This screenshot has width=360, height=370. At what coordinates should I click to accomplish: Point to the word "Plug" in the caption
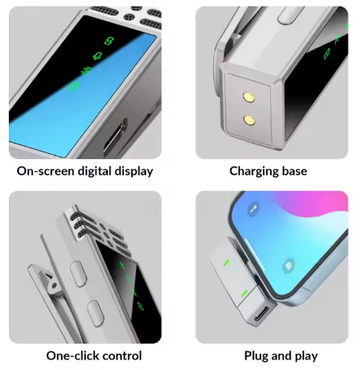(x=256, y=356)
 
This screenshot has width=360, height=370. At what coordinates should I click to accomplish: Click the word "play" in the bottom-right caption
(x=306, y=356)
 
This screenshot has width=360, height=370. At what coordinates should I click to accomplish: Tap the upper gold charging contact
(x=249, y=97)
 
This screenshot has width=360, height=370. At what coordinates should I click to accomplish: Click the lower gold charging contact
(x=249, y=120)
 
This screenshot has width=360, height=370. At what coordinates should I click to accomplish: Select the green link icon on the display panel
(x=109, y=41)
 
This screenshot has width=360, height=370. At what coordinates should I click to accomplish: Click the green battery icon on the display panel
(x=74, y=87)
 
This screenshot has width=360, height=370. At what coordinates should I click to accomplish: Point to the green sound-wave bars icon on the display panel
(x=87, y=71)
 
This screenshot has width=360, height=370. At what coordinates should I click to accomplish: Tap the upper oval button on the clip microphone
(x=78, y=273)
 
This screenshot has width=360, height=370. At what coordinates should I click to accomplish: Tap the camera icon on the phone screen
(x=289, y=266)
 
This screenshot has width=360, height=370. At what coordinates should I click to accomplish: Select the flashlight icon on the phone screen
(x=253, y=209)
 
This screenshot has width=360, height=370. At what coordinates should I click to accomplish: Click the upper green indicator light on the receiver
(x=226, y=262)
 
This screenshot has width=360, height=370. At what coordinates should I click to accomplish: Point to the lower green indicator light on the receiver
(x=244, y=293)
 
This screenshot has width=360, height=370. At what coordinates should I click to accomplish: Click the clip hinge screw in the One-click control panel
(x=54, y=286)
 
